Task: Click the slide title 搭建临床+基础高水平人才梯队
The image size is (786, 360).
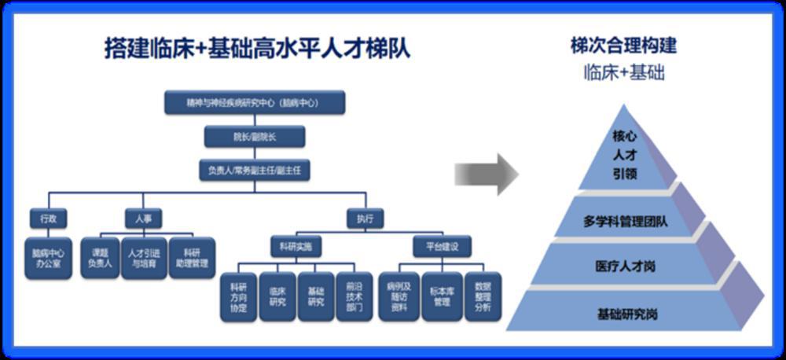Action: tap(258, 48)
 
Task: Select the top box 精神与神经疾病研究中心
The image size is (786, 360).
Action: tap(255, 103)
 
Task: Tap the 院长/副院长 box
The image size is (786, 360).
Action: tap(255, 137)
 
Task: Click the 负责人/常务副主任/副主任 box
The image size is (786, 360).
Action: tap(255, 171)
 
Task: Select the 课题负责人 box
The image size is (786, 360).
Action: tap(99, 258)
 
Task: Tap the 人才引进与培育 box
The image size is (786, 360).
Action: tap(144, 258)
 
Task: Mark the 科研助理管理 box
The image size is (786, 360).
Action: tap(190, 258)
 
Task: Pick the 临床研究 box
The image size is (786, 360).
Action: tap(277, 296)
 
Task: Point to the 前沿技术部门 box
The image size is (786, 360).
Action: tap(354, 296)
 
